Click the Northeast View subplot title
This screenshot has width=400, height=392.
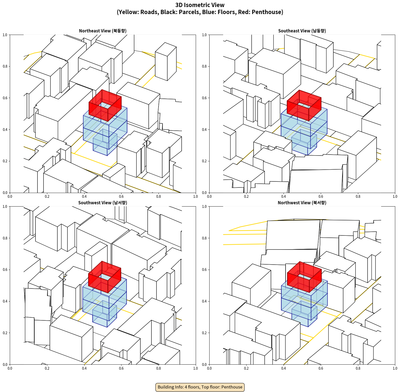click(x=103, y=31)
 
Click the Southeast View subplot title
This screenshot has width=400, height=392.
click(x=302, y=31)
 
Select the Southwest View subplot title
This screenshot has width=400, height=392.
click(x=103, y=203)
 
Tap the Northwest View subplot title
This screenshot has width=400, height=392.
click(x=302, y=203)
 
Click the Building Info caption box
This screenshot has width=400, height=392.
click(x=200, y=387)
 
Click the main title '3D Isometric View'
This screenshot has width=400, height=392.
click(x=200, y=5)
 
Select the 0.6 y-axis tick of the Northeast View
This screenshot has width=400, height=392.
click(x=5, y=98)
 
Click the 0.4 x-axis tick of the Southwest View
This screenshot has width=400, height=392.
click(x=84, y=368)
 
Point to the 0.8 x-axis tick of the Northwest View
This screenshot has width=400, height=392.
click(x=358, y=368)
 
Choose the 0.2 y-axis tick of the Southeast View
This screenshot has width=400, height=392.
click(x=204, y=161)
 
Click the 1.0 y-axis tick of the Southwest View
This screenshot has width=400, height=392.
click(x=5, y=207)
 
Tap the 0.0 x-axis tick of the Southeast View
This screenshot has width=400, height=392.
click(x=209, y=197)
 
